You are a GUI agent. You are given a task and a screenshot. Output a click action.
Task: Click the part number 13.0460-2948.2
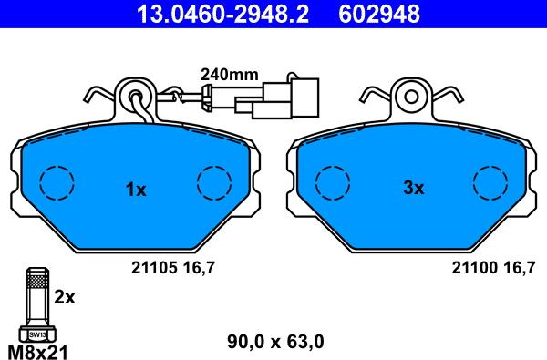click(222, 14)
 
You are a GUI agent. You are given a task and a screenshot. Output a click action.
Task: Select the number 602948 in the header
click(379, 14)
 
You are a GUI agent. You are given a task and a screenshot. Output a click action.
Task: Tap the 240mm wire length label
click(230, 75)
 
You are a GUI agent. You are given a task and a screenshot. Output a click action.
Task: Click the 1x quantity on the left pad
click(136, 190)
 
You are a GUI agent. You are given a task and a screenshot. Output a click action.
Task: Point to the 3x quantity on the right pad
click(414, 189)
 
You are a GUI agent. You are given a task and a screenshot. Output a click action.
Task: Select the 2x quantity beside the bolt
click(65, 297)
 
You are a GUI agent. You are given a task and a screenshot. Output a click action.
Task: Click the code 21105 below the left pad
click(154, 268)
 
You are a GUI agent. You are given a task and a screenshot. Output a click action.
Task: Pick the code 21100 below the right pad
click(474, 268)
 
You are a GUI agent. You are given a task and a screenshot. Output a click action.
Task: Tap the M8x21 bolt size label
click(37, 351)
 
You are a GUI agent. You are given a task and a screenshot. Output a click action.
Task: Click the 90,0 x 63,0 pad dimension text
click(275, 342)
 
